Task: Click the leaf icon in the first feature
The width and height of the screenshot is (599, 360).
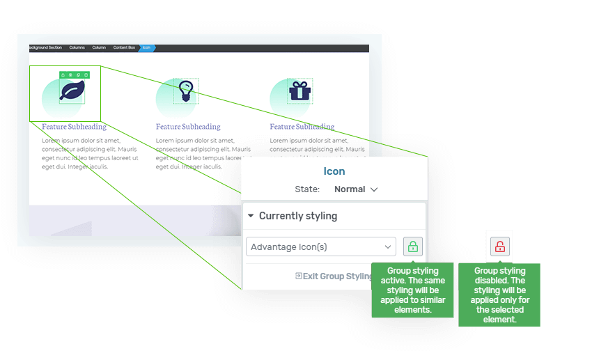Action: pos(72,91)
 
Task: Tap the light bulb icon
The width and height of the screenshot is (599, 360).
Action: pos(185,91)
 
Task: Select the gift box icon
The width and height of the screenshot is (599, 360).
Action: pos(299,91)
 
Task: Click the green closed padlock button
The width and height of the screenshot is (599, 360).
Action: pos(413,246)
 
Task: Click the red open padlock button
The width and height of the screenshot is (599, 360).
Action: pos(500,246)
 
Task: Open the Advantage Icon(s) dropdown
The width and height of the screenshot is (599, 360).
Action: pos(320,246)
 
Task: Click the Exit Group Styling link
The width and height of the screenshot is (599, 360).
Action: pos(334,276)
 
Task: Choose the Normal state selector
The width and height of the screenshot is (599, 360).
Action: pos(355,189)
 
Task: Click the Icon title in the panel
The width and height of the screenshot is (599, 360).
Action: pos(334,171)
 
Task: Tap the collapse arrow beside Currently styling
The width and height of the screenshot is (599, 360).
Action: pos(251,216)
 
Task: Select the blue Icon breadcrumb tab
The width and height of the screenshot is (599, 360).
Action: pos(146,47)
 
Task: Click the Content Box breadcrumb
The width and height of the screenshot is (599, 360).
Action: pos(124,47)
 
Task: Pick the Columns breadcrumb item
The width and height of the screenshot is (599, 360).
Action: pos(77,47)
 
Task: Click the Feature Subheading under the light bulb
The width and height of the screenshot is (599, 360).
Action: pos(188,127)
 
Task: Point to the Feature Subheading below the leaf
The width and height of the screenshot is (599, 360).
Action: pos(74,127)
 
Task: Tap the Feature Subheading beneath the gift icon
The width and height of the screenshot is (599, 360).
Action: pos(302,127)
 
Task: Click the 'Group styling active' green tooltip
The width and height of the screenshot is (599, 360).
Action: pos(412,290)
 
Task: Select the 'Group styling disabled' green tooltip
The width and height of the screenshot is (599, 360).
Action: pos(499,295)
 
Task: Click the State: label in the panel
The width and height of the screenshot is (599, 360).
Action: pos(307,189)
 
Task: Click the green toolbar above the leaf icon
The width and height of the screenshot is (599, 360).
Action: pos(74,74)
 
